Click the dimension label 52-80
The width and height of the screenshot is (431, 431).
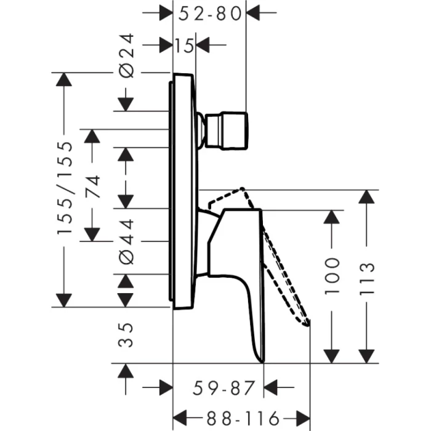[x=209, y=12]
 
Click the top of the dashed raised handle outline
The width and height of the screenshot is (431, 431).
[x=243, y=190]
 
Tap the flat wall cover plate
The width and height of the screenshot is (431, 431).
[x=183, y=191]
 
